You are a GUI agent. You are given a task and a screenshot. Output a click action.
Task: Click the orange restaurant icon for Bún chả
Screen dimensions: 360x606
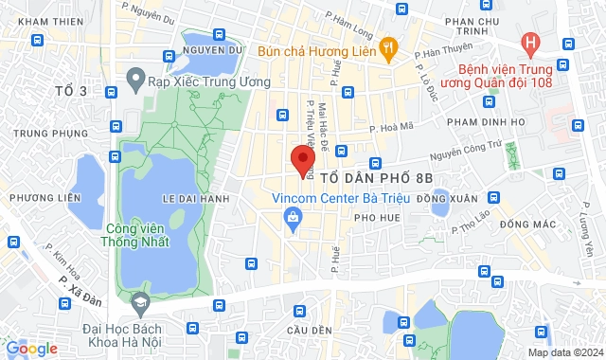[386, 46]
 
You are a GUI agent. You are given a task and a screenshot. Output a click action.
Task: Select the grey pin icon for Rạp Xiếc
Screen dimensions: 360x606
[135, 79]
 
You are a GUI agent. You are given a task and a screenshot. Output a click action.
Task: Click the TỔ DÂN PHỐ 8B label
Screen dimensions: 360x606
[375, 177]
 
